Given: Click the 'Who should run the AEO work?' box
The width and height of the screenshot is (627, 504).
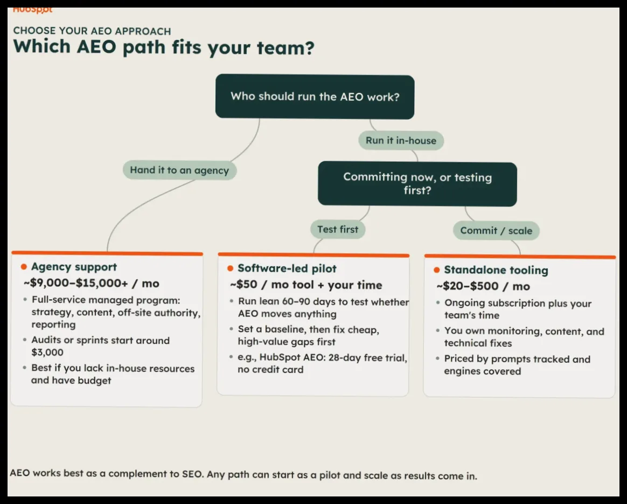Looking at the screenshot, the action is pos(315,96).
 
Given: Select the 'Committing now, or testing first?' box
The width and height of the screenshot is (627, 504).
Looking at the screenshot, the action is pos(417,184).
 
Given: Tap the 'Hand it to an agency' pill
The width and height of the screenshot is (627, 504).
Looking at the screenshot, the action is pos(179,170).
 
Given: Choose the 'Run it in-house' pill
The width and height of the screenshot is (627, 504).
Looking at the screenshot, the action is pos(401,140).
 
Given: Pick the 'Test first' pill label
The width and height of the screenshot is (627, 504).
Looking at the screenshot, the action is pos(338,229).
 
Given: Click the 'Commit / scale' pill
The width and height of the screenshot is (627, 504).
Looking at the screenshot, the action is pos(496,230).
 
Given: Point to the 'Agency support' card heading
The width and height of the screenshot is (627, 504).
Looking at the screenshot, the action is pos(74,267).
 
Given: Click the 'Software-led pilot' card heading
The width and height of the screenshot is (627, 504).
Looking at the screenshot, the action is pos(287,268).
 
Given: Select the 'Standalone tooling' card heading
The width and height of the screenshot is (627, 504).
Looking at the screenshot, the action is pos(496,270).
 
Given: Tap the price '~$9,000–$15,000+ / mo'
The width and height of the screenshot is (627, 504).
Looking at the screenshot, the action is pos(92,283).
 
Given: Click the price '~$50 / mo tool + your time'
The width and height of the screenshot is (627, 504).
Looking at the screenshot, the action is pos(306,285).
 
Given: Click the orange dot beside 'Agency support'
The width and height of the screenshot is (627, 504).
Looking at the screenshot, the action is pos(24,267).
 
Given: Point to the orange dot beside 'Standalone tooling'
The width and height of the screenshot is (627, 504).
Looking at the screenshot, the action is pos(437,270).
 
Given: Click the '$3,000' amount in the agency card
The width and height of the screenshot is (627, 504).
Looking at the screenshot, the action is pos(47,353).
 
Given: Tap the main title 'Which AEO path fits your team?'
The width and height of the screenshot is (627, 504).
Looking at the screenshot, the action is pos(164,47).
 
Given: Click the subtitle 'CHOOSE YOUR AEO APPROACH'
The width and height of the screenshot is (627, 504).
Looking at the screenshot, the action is pos(92,31).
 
